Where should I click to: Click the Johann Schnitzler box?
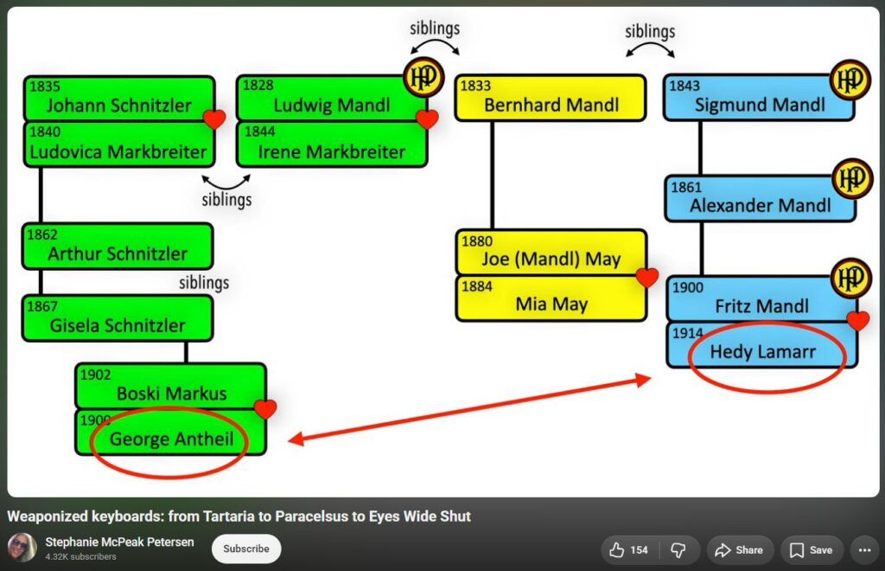[119, 99]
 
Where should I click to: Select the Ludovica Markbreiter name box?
[119, 144]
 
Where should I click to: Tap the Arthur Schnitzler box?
[118, 247]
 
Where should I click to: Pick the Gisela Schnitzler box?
[118, 318]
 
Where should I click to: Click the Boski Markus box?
[170, 387]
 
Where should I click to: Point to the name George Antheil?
[172, 439]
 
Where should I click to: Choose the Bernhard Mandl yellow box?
[551, 98]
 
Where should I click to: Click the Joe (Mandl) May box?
[551, 253]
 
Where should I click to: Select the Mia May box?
[551, 298]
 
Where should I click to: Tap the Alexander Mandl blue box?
[761, 198]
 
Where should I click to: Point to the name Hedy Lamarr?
[762, 352]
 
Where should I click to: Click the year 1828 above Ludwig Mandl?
[258, 86]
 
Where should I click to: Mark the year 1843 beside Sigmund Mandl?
[684, 86]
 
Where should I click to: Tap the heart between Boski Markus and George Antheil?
[265, 409]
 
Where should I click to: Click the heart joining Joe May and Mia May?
[646, 277]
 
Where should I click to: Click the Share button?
[740, 550]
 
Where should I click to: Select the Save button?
[811, 550]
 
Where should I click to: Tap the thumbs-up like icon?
[616, 550]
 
